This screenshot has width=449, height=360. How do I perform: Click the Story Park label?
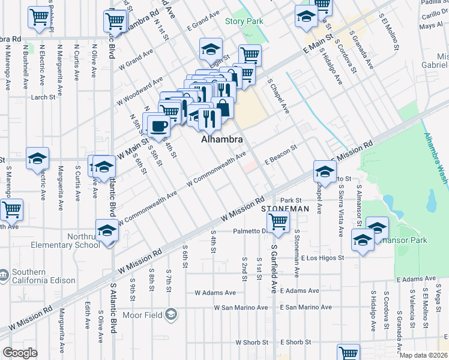point(244,21)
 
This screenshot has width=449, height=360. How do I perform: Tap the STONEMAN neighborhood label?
point(285,208)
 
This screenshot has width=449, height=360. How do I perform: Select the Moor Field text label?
point(142,314)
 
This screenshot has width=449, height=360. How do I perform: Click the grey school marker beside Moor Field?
point(171,314)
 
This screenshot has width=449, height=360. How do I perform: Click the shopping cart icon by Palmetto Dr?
point(278,222)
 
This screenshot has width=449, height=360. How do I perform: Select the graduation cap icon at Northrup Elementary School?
point(107,230)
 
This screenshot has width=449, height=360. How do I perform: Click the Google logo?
point(20,353)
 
